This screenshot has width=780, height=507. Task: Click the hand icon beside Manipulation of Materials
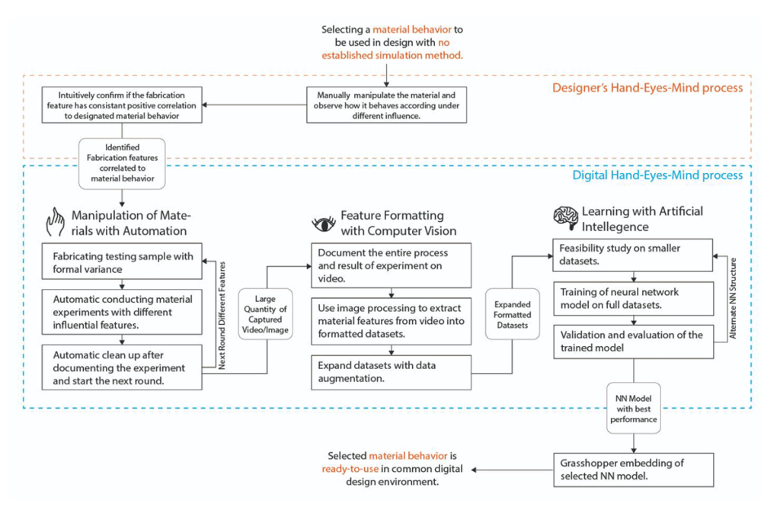(55, 222)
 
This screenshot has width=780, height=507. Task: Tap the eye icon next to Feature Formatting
(324, 224)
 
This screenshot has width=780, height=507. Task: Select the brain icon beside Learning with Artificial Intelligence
(566, 218)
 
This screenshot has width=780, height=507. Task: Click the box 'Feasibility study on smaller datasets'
(633, 255)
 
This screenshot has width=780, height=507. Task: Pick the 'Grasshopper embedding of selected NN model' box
(633, 470)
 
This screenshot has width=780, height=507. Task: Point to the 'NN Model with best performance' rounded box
(633, 409)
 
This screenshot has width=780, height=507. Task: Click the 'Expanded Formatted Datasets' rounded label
(513, 314)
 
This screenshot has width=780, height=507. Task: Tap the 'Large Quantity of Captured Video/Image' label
(265, 314)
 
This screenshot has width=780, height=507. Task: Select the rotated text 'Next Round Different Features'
(222, 316)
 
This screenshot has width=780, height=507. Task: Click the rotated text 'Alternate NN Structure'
(732, 298)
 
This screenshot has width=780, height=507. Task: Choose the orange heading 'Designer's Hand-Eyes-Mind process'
(647, 88)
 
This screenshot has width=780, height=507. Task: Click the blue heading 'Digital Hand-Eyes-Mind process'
(657, 175)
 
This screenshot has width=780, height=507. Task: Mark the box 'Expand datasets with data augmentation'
(391, 372)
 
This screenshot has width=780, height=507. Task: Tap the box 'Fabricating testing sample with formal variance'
(122, 261)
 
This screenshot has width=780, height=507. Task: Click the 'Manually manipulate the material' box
(386, 105)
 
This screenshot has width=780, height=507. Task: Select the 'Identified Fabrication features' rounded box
(122, 163)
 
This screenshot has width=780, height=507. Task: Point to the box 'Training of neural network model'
(633, 298)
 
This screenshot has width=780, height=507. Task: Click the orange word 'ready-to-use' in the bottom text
(350, 469)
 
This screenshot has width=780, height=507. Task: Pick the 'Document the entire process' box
(391, 265)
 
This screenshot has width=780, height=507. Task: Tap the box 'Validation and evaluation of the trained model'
(633, 342)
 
